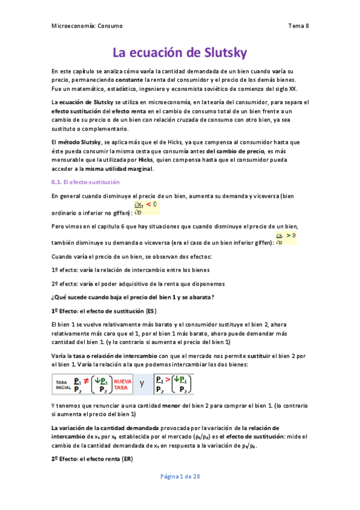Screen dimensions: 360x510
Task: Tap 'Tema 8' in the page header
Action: click(x=298, y=26)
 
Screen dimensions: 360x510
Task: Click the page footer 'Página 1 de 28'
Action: click(x=180, y=476)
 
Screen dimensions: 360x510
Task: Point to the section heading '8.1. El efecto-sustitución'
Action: click(x=86, y=182)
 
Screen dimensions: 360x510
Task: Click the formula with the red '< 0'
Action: click(x=146, y=207)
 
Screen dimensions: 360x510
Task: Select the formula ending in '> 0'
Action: click(x=285, y=238)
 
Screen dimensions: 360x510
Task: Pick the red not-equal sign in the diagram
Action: click(x=87, y=381)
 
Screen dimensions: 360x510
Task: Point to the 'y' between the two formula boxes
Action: click(x=142, y=382)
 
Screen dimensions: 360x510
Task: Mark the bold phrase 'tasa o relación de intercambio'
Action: click(x=110, y=356)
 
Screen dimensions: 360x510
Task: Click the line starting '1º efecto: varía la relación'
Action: click(x=128, y=269)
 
